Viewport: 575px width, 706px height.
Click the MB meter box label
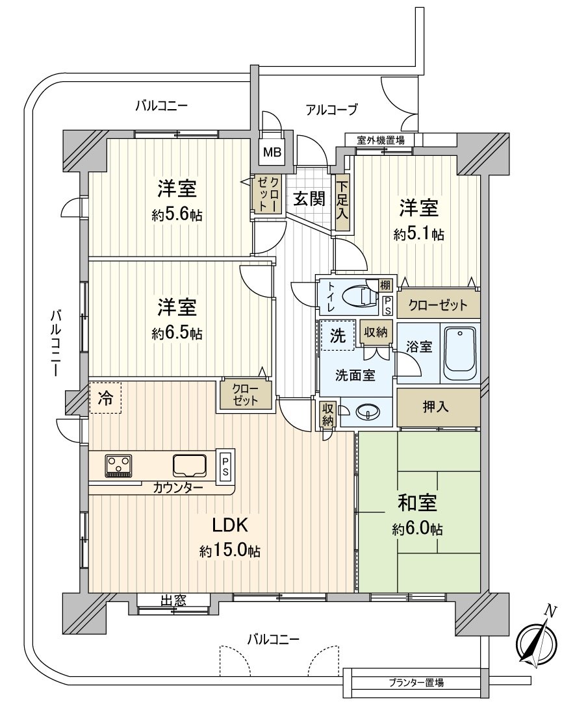tap(272, 152)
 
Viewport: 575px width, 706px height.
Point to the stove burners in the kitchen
tap(119, 465)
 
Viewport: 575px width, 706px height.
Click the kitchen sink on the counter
tap(190, 465)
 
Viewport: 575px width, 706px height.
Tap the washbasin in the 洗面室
tap(368, 411)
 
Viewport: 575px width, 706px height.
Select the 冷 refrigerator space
tap(105, 397)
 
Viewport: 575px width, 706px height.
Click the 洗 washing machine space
tap(338, 335)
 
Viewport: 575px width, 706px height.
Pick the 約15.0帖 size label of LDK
tap(230, 551)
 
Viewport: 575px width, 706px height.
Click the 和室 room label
tap(417, 503)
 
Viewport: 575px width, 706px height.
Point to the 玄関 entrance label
tap(310, 199)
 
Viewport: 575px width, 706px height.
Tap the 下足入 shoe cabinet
tap(342, 203)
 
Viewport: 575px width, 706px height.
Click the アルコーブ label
tap(332, 109)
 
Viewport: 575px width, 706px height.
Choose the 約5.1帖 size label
tap(419, 234)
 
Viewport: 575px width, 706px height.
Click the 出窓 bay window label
tap(173, 600)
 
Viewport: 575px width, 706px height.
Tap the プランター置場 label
tap(416, 683)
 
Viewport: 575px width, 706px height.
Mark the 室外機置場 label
tap(381, 140)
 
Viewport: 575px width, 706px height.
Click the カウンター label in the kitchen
tap(178, 487)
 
